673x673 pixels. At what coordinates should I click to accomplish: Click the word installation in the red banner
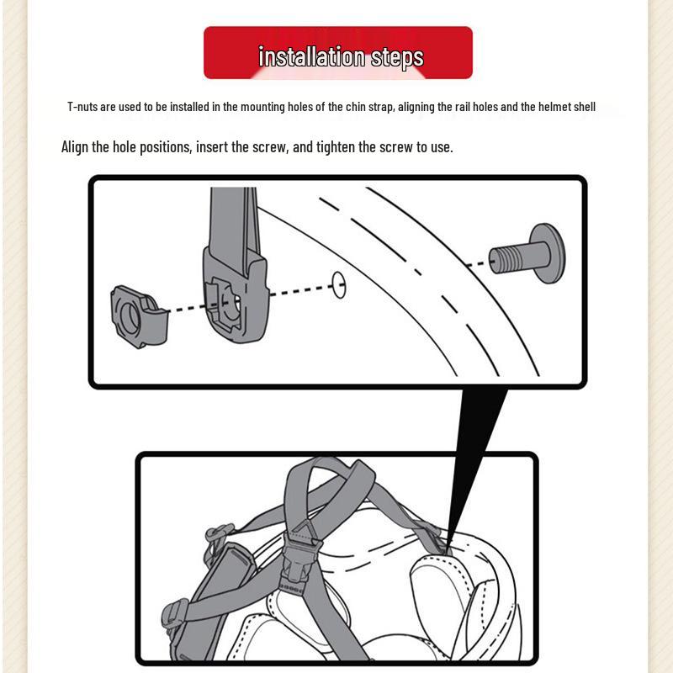click(311, 56)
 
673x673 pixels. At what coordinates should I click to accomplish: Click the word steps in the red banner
click(397, 57)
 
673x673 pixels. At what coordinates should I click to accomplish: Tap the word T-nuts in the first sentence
click(82, 107)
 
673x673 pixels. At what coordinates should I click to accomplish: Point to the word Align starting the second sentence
click(75, 147)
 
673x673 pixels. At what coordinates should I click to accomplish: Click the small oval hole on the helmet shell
click(339, 284)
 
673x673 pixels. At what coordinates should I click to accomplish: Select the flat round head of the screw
click(548, 253)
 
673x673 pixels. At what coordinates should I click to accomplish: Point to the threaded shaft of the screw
click(511, 259)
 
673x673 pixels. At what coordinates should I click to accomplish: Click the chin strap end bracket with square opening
click(236, 296)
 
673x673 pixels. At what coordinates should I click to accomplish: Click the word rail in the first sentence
click(462, 107)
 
